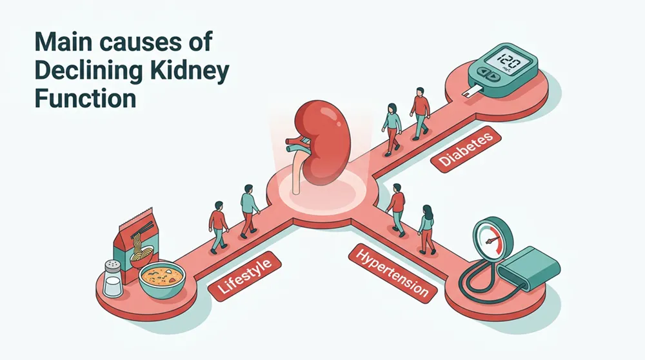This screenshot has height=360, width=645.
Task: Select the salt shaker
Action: (112, 278)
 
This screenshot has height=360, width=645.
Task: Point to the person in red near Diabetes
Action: (420, 112)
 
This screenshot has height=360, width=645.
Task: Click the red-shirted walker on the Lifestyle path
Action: (219, 225)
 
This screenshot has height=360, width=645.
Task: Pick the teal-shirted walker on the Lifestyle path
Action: (249, 210)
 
